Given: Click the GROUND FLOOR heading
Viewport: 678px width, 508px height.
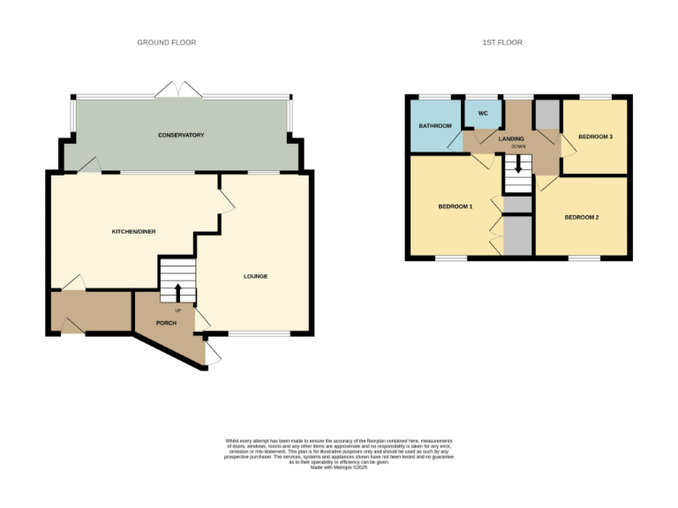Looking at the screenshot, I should point(166,42).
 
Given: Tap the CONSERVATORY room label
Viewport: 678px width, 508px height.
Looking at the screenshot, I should point(181,135).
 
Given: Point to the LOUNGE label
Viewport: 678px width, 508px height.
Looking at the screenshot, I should point(255,276).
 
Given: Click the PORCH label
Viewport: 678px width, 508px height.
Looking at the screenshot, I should point(165,323).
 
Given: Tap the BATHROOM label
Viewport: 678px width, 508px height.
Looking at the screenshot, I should point(434,126).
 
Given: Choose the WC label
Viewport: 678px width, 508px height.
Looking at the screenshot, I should point(483,114).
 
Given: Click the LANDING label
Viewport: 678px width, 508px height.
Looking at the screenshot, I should point(511,138).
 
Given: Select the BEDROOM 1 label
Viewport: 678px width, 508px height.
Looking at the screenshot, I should point(456,207).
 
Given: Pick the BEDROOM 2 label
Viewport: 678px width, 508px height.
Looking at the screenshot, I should point(582,217).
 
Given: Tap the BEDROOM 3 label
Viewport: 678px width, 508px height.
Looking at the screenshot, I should point(595,137).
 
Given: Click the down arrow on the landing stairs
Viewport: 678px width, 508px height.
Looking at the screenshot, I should point(518,164).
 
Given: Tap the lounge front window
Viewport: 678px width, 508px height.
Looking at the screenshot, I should point(260,333).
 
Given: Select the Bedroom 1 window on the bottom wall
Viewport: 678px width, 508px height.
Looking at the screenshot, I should point(451,258).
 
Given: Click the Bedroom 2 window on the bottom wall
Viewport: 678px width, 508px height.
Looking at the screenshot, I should point(583,258).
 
